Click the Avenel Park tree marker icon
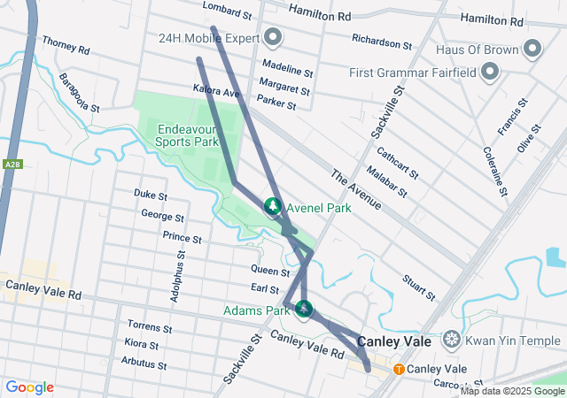[x=273, y=206]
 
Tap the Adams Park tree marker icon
[x=304, y=309]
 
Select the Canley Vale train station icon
[x=399, y=369]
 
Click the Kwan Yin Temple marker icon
[x=452, y=341]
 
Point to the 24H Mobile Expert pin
[x=273, y=38]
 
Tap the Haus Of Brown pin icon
[x=532, y=49]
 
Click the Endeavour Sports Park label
[x=187, y=134]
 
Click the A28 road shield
[x=12, y=165]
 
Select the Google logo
[x=29, y=387]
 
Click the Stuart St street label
[x=418, y=287]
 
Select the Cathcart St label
[x=398, y=162]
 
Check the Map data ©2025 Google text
[x=511, y=391]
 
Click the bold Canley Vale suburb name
[x=393, y=341]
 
